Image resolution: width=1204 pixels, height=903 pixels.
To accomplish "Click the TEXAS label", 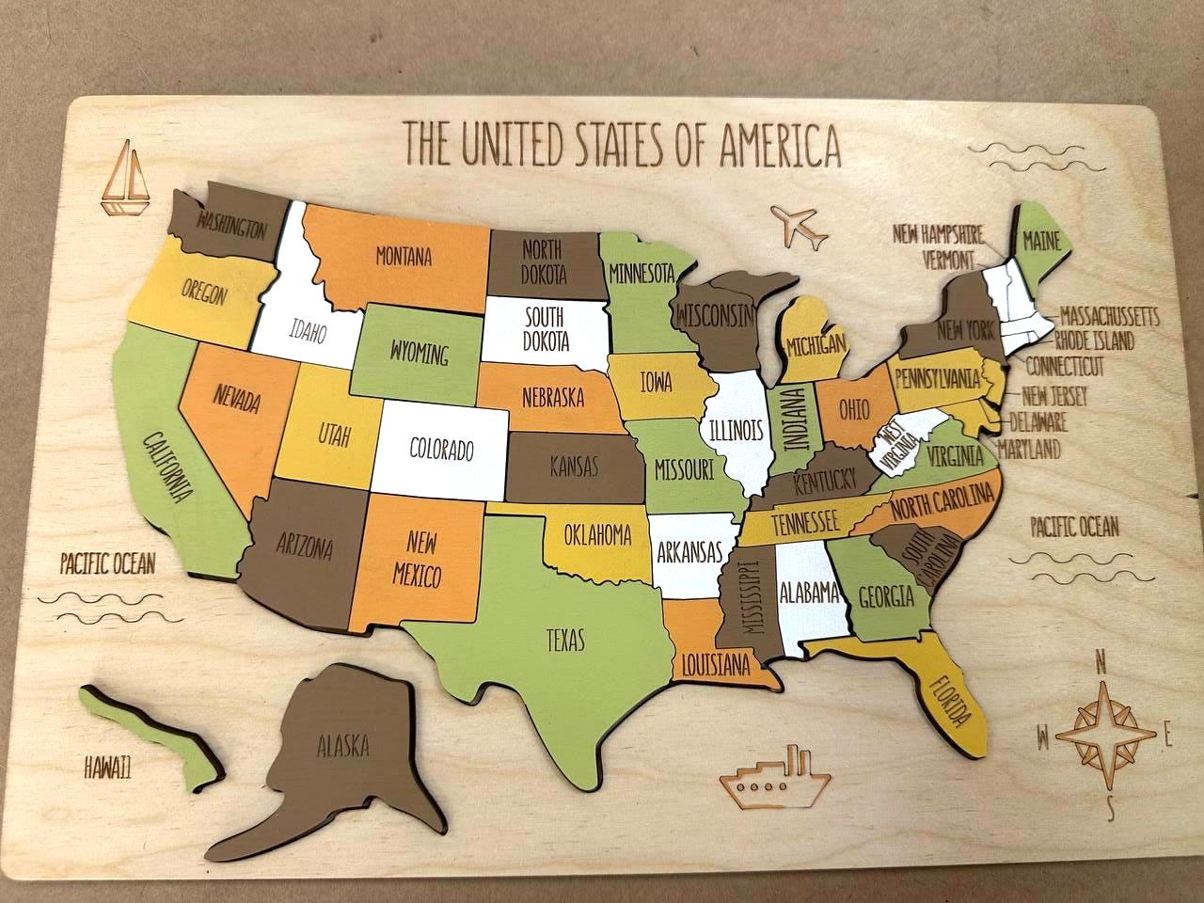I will click(565, 641).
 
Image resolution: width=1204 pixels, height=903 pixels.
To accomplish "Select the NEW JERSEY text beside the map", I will click(1054, 396).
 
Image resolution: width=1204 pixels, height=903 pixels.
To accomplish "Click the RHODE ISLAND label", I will click(1094, 340).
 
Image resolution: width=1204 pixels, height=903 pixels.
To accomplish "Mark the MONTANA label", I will click(404, 254).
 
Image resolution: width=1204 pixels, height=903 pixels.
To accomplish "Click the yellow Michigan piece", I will click(815, 344).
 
